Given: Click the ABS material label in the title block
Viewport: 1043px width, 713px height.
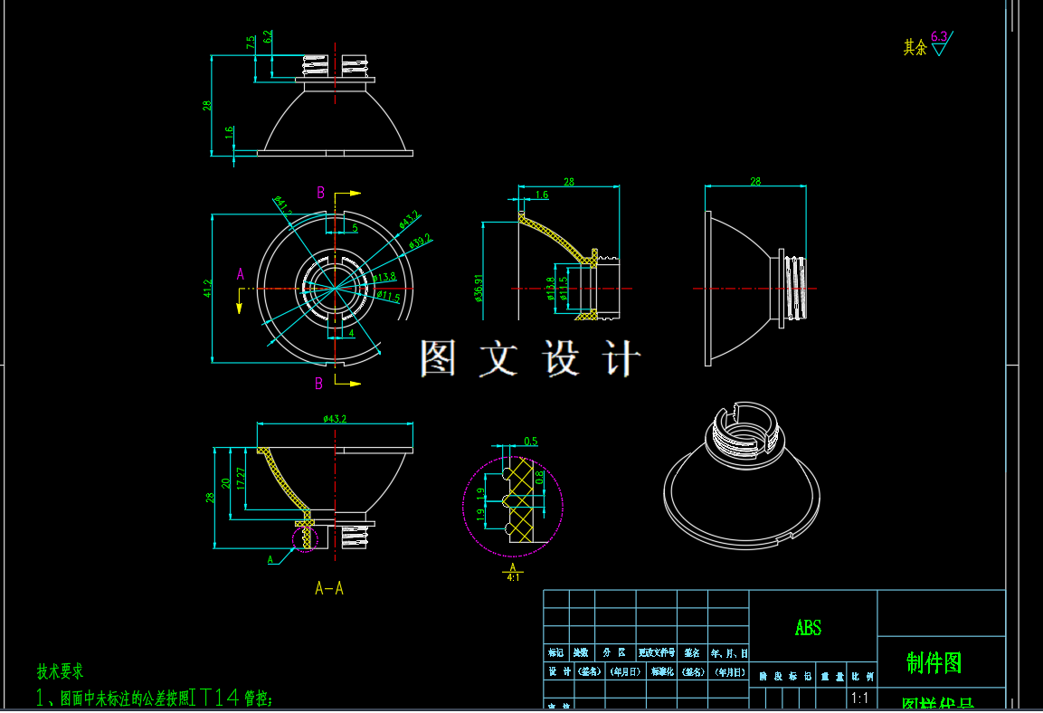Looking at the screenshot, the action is click(x=808, y=628).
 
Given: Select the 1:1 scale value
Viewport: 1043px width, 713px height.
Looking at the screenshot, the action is click(x=859, y=698).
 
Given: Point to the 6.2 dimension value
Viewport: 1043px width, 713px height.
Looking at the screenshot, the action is click(x=269, y=37).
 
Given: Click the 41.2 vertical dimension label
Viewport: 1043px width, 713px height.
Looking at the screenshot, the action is click(x=207, y=289).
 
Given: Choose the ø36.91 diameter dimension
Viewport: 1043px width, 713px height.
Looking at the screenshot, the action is click(x=479, y=288).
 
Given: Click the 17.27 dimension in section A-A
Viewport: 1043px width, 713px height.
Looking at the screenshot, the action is click(x=240, y=478).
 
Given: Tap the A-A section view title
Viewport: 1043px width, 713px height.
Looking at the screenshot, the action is click(x=329, y=588).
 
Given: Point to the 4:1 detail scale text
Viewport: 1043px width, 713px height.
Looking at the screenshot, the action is click(x=513, y=576).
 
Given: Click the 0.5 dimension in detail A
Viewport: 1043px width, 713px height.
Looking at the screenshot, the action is click(x=530, y=442).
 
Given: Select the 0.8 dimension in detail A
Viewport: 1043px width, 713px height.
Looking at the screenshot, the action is click(x=540, y=477).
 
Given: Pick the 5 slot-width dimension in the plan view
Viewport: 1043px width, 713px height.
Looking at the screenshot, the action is click(x=355, y=229).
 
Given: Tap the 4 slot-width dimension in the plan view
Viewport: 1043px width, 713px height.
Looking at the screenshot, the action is click(x=351, y=334).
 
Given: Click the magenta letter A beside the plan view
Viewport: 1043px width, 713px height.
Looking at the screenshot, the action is click(x=240, y=273).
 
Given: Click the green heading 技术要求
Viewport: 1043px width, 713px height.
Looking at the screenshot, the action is click(x=60, y=671).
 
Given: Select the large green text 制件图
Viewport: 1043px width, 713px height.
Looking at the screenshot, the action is click(x=934, y=663).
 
